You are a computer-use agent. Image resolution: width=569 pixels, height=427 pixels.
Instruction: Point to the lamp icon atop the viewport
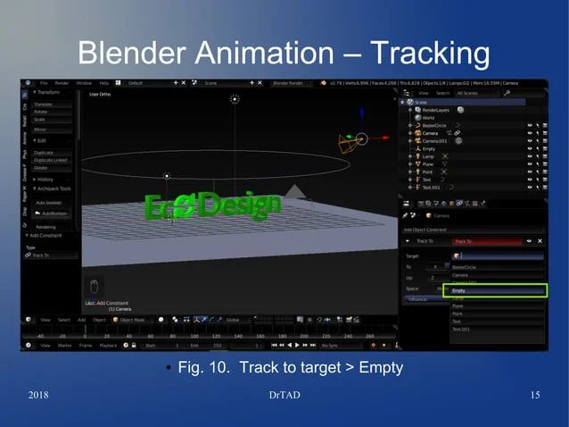[x=235, y=100]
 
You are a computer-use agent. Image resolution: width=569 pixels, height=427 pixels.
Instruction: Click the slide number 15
[x=535, y=396]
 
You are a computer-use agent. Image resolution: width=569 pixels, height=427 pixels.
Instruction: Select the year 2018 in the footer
[x=38, y=396]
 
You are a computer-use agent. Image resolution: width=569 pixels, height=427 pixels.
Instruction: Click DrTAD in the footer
[x=284, y=396]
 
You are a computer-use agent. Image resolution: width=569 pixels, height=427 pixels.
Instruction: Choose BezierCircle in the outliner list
[x=436, y=125]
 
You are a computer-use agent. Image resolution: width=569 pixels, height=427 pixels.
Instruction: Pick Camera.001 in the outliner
[x=437, y=140]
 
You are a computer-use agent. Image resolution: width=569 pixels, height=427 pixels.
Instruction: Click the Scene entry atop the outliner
[x=421, y=102]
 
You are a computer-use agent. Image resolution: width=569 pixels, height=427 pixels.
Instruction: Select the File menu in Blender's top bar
[x=43, y=83]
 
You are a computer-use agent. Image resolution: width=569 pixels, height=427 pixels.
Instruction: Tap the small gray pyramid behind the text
[x=294, y=192]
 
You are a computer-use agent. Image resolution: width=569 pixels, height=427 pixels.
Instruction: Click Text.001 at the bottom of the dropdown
[x=461, y=329]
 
